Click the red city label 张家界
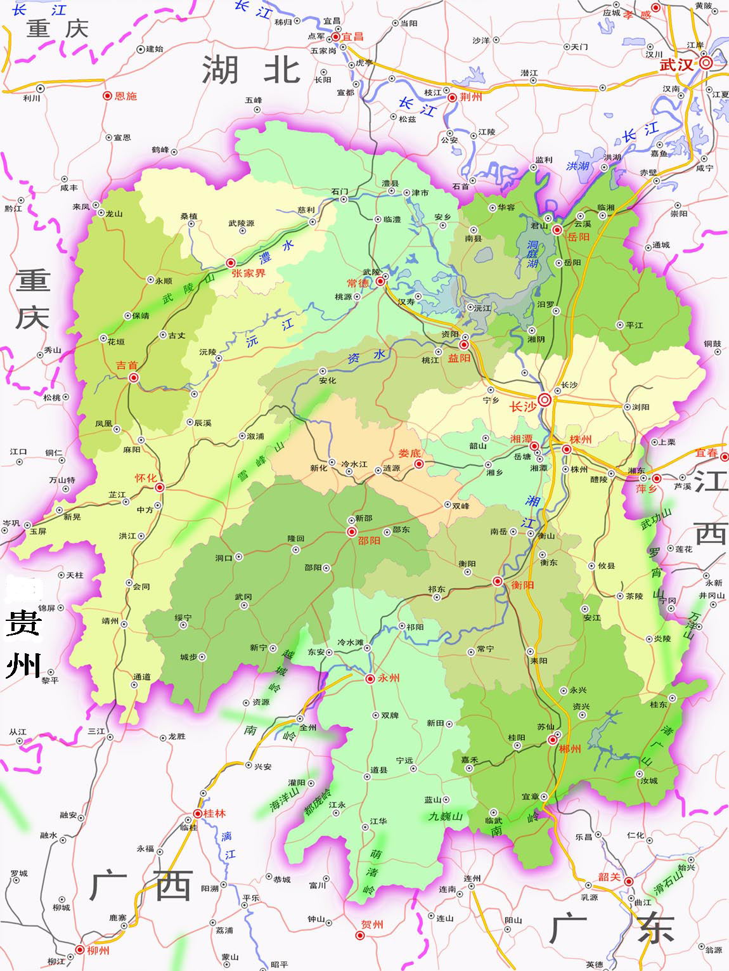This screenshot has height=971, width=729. [x=248, y=273]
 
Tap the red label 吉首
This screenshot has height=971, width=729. [x=126, y=365]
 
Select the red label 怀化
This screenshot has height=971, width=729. [x=145, y=478]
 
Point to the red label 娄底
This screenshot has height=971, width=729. [x=410, y=453]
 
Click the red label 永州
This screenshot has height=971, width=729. [x=389, y=678]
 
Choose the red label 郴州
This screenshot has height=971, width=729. [x=569, y=749]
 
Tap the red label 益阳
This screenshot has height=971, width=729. [x=459, y=358]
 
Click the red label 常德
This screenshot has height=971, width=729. [x=358, y=283]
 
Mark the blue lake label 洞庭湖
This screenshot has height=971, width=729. [x=532, y=254]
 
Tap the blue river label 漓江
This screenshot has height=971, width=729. [x=228, y=845]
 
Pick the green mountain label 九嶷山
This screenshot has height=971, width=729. [x=445, y=816]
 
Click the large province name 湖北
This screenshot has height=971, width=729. [x=251, y=69]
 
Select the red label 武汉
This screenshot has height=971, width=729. [x=676, y=65]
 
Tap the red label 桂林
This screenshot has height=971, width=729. [x=214, y=813]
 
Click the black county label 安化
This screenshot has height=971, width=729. [x=328, y=381]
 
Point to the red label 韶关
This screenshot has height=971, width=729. [x=609, y=877]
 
